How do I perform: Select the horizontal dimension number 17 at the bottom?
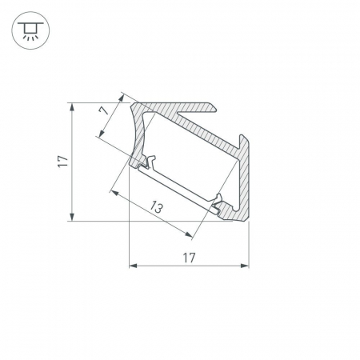[x=189, y=257]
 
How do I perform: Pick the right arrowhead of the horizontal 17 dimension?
[x=243, y=265]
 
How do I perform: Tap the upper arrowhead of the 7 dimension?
[x=122, y=95]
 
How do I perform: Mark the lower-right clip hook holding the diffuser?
[x=218, y=201]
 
